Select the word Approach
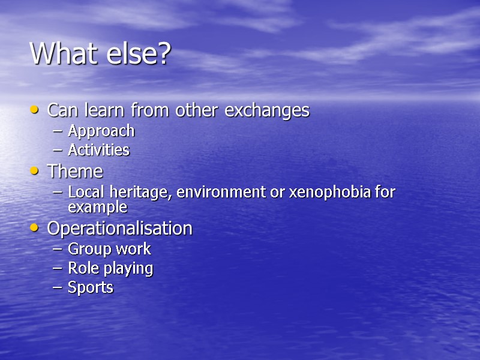click(x=101, y=131)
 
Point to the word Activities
click(x=98, y=150)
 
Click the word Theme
click(x=75, y=172)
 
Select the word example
click(x=97, y=207)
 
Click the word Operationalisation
click(x=119, y=229)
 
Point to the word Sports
click(x=90, y=287)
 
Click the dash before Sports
click(x=57, y=288)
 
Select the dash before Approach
click(x=57, y=131)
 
